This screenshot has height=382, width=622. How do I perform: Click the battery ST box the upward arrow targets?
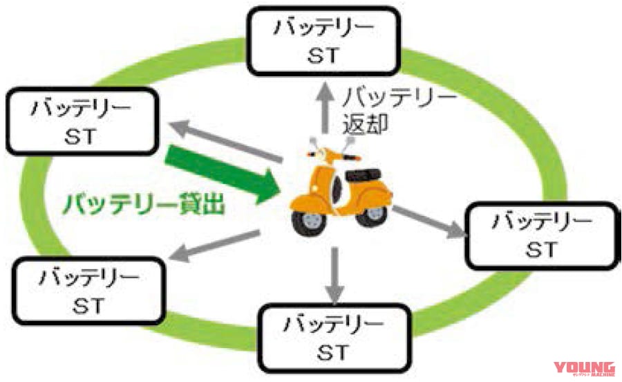point(325,40)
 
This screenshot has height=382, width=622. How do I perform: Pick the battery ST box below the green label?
point(86,290)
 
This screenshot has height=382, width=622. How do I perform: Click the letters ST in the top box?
point(325,57)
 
